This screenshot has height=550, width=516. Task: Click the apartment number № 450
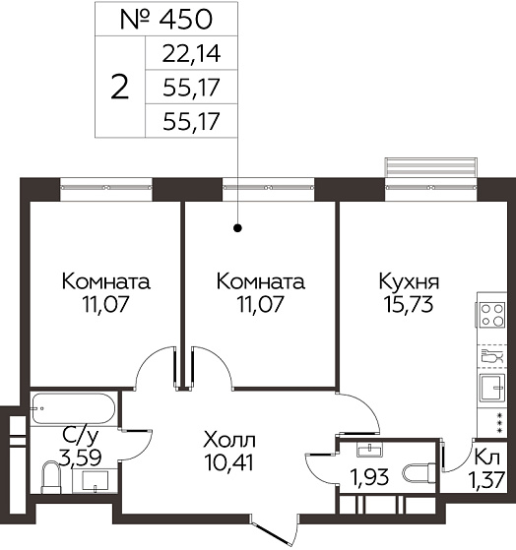click(x=166, y=19)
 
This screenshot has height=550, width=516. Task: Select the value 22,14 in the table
click(x=191, y=54)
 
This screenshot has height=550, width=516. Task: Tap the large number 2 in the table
click(x=120, y=87)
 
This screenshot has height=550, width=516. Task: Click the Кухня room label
click(x=409, y=282)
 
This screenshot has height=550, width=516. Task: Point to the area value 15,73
click(x=409, y=304)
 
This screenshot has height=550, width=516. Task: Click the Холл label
click(x=229, y=441)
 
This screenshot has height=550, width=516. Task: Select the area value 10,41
click(x=228, y=462)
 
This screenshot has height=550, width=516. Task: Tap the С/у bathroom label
click(x=81, y=436)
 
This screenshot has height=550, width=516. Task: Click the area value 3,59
click(x=81, y=458)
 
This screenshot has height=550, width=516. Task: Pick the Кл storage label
click(x=486, y=458)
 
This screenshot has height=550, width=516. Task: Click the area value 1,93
click(x=369, y=477)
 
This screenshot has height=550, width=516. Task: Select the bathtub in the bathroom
click(x=74, y=408)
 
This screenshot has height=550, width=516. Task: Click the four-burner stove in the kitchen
click(x=491, y=315)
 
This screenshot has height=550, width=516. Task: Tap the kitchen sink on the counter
click(x=492, y=388)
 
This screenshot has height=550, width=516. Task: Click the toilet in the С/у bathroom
click(x=51, y=478)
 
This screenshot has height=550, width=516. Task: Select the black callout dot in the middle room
click(x=238, y=228)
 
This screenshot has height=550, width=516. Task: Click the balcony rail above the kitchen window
click(x=430, y=167)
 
